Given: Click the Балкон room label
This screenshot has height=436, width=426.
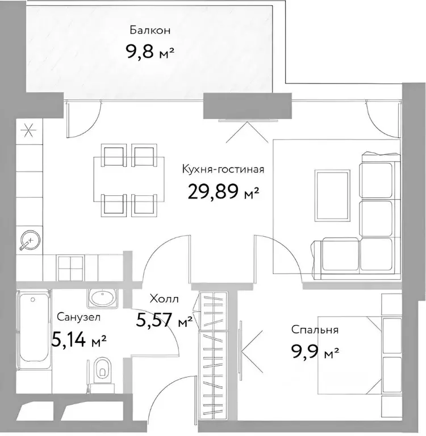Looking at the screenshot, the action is point(150,30).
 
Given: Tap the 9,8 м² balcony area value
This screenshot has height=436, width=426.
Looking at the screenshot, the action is point(150,52).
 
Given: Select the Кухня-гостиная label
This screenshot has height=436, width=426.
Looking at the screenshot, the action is point(223,169).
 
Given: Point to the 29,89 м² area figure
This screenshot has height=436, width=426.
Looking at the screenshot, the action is point(223,192).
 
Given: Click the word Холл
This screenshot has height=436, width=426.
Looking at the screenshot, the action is point(164,299).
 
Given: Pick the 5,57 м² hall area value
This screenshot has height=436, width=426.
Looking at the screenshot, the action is point(164,320).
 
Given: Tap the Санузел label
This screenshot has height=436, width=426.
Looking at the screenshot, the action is point(78,317).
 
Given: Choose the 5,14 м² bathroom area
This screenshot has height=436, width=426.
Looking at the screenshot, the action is point(79,340).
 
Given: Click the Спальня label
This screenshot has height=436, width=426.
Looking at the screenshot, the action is point(315,330).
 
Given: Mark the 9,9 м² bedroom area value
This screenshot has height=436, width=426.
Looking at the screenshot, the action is point(315,351).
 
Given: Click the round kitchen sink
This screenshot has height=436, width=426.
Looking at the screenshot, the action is point(30,240).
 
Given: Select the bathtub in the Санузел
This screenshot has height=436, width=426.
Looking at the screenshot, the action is point(34,330).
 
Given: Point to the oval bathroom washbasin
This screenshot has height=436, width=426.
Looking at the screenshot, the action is point(102,299).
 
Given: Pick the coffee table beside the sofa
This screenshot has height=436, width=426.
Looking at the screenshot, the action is point(332,196).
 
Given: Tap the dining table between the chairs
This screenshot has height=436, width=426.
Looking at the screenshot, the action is point(128,179).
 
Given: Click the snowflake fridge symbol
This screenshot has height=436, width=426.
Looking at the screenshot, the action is point(29,131).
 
